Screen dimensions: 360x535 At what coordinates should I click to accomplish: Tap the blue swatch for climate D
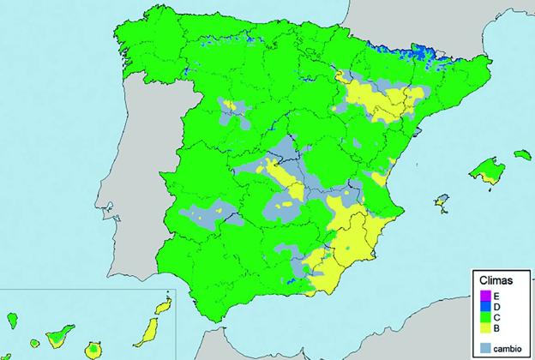tap(485, 306)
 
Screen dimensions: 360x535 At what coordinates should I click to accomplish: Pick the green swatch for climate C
tap(485, 317)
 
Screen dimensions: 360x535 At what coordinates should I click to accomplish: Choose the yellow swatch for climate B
tap(485, 327)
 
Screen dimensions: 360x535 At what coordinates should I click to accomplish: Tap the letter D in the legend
tap(496, 306)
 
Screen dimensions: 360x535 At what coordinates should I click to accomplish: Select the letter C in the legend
tap(496, 317)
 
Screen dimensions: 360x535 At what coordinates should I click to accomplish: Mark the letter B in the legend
tap(496, 327)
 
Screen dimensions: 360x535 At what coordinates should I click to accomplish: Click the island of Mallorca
tap(486, 168)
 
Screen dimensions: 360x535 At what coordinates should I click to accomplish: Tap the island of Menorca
tap(522, 155)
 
